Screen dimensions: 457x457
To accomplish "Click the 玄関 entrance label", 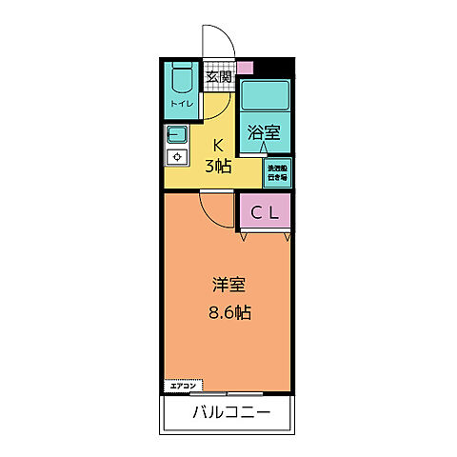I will pos(218,76).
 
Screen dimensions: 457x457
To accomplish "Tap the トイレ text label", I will pos(181,103).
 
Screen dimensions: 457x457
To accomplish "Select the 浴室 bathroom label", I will pos(264,133).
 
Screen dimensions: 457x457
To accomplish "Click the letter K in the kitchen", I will pos(217,146).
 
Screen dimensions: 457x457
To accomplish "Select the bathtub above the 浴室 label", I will pos(264,95).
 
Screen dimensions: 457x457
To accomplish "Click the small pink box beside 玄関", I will pos(245,69).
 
